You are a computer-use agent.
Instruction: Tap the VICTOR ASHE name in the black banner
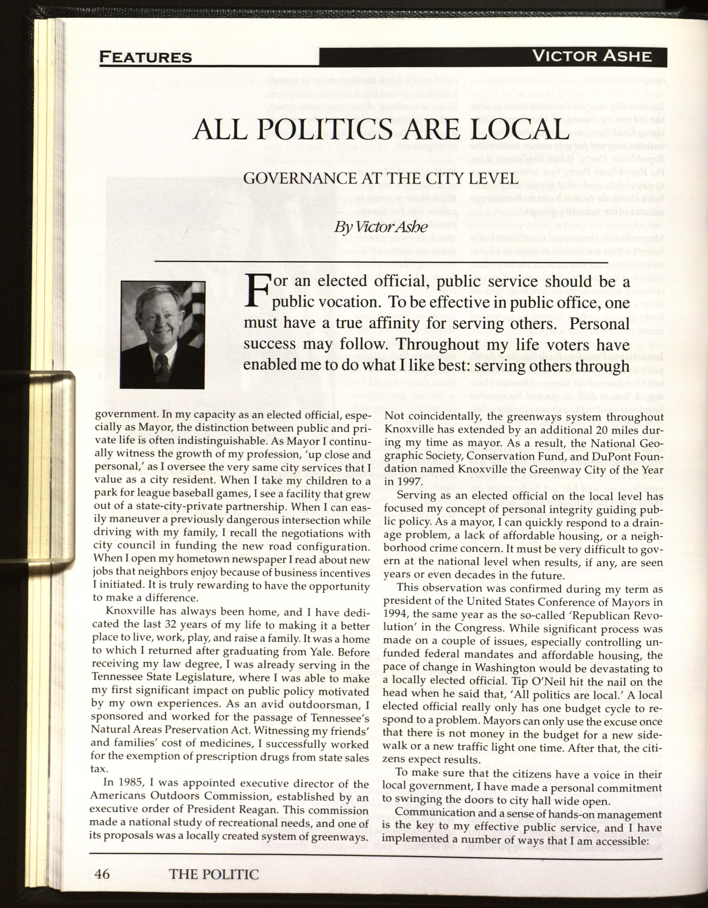point(592,56)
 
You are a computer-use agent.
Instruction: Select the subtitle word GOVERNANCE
point(292,178)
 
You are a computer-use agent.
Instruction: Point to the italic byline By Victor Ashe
point(381,227)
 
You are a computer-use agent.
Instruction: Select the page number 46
point(102,874)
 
